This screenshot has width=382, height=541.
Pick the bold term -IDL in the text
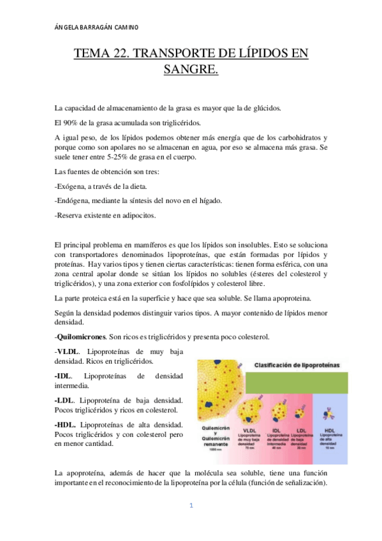tap(64, 376)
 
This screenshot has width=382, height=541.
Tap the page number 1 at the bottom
tap(190, 506)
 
